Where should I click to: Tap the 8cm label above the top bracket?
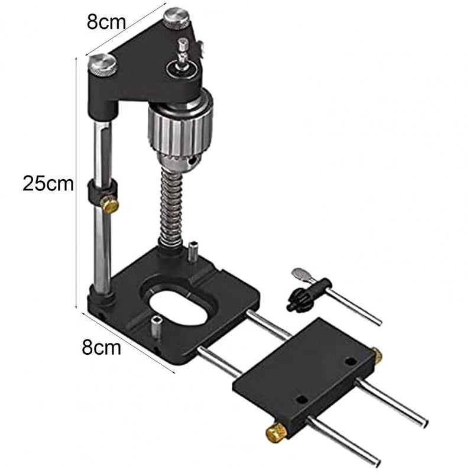point(106,22)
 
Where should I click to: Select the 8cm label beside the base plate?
point(102,346)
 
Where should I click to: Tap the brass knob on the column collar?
point(111,205)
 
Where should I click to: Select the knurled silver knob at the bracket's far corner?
point(176,18)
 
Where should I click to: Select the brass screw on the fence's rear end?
point(377,355)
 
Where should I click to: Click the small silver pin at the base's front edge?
point(154,327)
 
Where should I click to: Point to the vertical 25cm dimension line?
point(77,183)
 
